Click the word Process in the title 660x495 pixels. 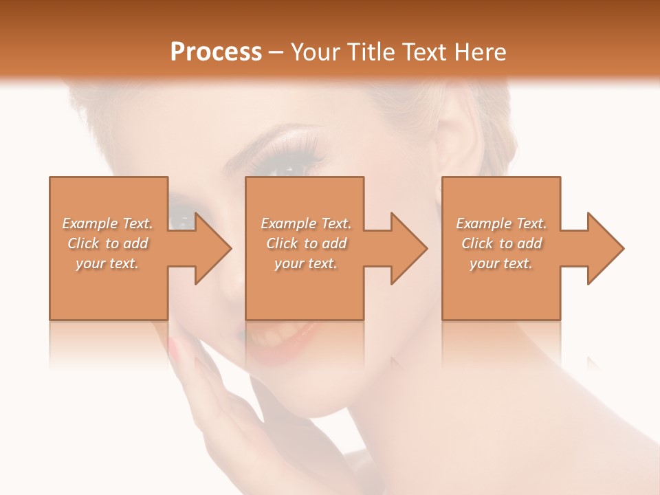tap(216, 52)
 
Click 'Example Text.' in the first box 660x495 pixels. tap(108, 223)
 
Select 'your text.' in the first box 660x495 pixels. tap(107, 263)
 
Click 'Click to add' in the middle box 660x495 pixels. tap(306, 243)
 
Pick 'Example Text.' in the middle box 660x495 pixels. tap(306, 223)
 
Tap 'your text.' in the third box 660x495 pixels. tap(501, 263)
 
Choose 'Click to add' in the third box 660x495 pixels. tap(501, 243)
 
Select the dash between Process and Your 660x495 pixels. tap(276, 52)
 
